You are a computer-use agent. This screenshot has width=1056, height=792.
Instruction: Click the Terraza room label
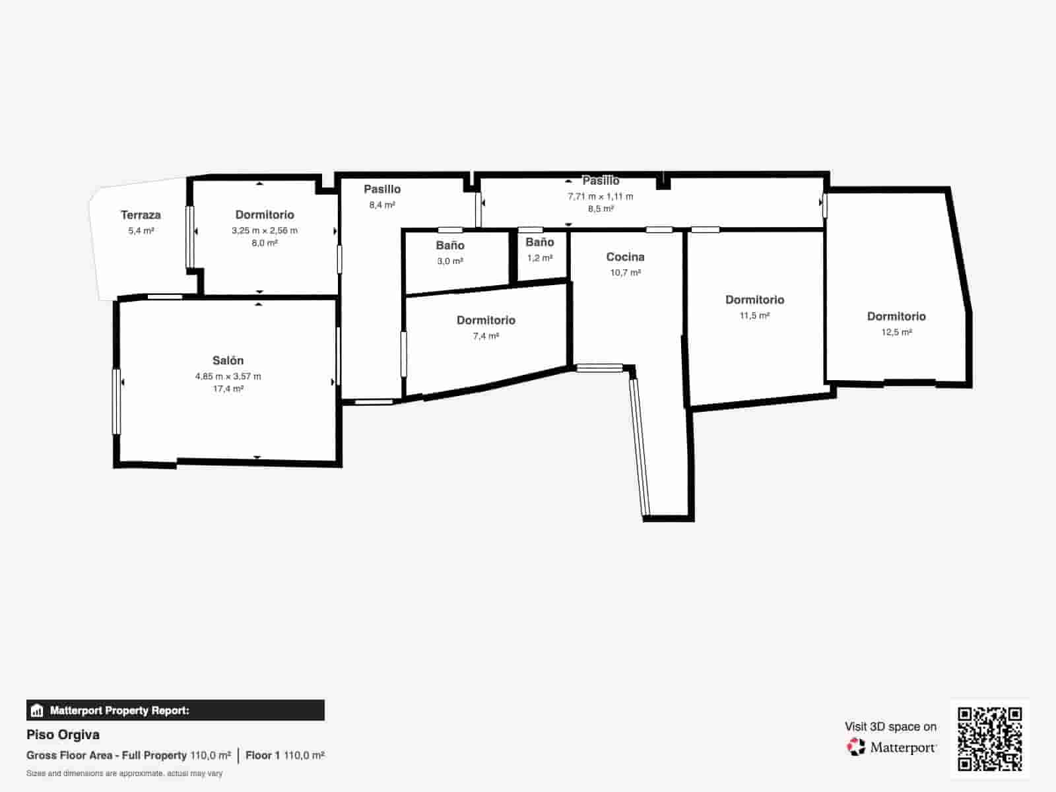pyautogui.click(x=141, y=215)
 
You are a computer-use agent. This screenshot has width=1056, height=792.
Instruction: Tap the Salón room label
pyautogui.click(x=228, y=361)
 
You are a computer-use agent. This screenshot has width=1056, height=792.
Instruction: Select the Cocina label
pyautogui.click(x=625, y=257)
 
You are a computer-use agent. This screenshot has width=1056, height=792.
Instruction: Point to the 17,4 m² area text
pyautogui.click(x=228, y=389)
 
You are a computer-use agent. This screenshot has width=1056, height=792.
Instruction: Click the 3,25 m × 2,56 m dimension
pyautogui.click(x=264, y=231)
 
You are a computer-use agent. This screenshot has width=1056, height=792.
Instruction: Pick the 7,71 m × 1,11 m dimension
pyautogui.click(x=600, y=197)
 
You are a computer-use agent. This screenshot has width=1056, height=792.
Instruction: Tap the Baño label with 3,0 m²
pyautogui.click(x=450, y=246)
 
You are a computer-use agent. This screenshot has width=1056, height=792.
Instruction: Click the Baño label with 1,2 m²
pyautogui.click(x=539, y=242)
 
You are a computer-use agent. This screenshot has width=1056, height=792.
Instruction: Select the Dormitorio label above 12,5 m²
pyautogui.click(x=896, y=317)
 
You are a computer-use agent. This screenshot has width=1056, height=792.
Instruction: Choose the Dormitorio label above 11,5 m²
pyautogui.click(x=754, y=300)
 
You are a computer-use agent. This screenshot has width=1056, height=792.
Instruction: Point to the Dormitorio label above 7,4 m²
pyautogui.click(x=486, y=321)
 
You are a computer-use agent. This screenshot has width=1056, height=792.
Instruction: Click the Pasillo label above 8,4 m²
pyautogui.click(x=382, y=189)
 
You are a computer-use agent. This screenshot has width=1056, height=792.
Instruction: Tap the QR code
pyautogui.click(x=989, y=739)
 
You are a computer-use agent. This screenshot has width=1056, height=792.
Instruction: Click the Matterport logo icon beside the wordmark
pyautogui.click(x=856, y=747)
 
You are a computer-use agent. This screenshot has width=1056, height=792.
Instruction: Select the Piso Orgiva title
pyautogui.click(x=63, y=735)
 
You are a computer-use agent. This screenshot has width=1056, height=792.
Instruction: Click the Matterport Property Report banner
pyautogui.click(x=176, y=710)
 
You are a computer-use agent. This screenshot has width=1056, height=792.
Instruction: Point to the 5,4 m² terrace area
pyautogui.click(x=141, y=231)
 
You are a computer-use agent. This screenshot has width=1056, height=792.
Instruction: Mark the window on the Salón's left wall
pyautogui.click(x=117, y=401)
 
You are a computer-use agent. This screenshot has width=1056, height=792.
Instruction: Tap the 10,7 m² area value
pyautogui.click(x=625, y=273)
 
